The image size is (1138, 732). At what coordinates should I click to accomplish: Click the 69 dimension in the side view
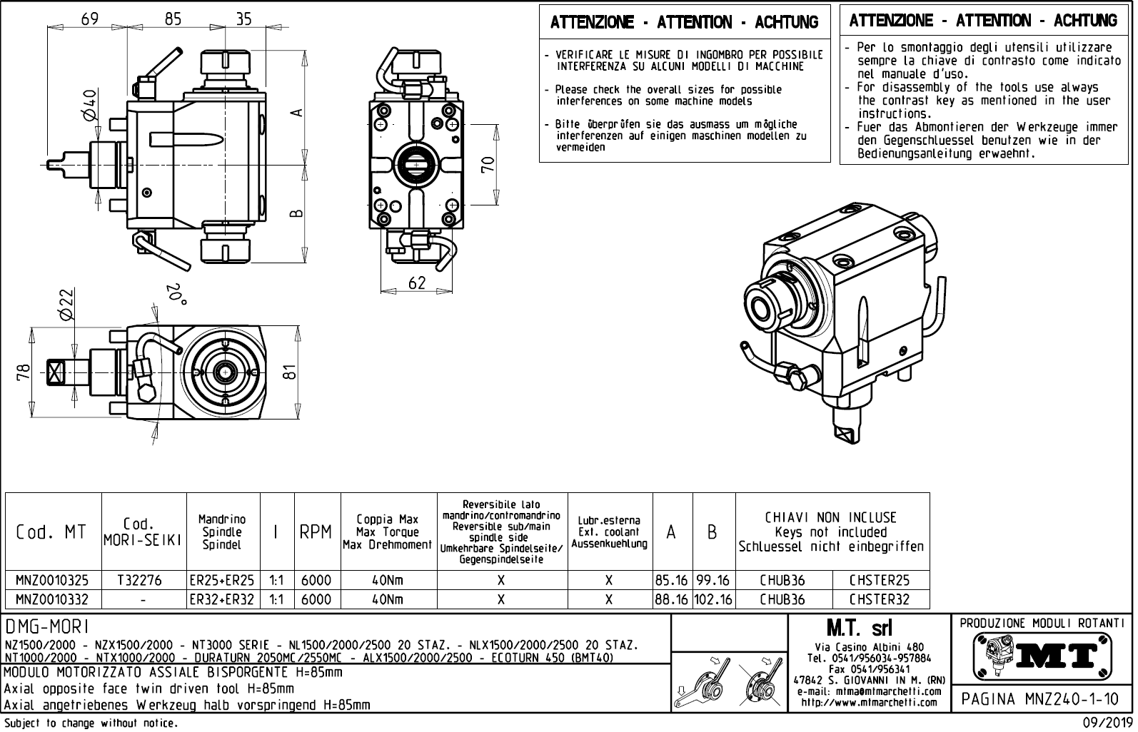click(x=90, y=19)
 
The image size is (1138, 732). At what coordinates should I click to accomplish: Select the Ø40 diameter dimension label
click(x=90, y=105)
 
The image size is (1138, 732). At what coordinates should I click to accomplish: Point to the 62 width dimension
click(x=417, y=283)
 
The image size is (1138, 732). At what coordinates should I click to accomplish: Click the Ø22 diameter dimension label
click(x=66, y=305)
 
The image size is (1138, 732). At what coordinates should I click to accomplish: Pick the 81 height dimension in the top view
click(x=289, y=372)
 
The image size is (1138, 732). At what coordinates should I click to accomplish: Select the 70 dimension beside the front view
click(x=488, y=165)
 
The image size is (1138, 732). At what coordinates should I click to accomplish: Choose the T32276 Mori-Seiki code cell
click(x=143, y=580)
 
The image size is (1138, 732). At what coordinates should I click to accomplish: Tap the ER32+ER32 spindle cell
click(x=222, y=599)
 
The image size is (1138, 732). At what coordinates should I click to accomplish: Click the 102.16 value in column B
click(x=713, y=599)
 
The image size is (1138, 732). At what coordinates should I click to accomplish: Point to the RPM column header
click(x=316, y=532)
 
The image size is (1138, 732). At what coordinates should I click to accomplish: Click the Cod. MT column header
click(x=51, y=532)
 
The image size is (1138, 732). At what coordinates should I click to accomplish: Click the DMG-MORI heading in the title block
click(x=47, y=626)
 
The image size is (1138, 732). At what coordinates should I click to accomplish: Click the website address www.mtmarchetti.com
click(x=869, y=702)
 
